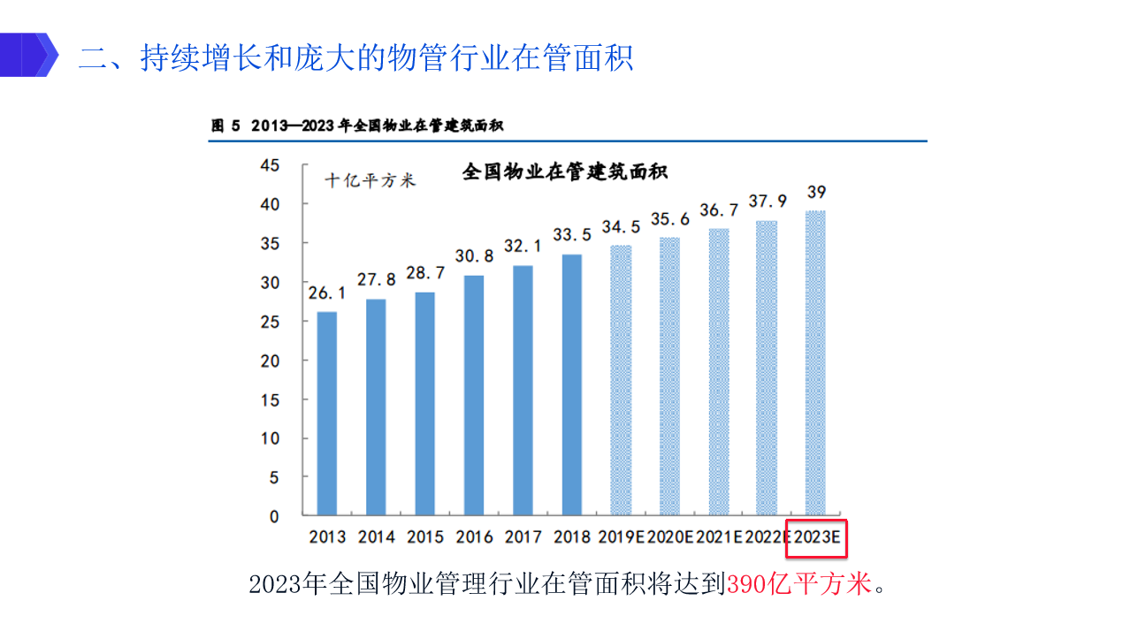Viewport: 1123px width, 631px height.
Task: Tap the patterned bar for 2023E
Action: tap(814, 362)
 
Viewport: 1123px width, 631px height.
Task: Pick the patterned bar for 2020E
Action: tap(670, 376)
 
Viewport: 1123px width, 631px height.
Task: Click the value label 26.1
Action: tap(326, 292)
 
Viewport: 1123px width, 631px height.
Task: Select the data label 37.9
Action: tap(768, 201)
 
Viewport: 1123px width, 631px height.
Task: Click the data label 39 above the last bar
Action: tap(816, 192)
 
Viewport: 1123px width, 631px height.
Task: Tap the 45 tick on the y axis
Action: tap(269, 165)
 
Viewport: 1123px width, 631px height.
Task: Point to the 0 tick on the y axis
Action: tap(274, 516)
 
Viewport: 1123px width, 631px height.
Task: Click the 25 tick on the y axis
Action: tap(269, 322)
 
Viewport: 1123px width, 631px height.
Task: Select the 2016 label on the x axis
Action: tap(474, 536)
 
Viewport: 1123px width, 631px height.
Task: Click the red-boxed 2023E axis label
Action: tap(816, 537)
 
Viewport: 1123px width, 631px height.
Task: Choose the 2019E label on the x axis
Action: tap(622, 536)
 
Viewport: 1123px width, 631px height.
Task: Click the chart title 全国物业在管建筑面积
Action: tap(565, 172)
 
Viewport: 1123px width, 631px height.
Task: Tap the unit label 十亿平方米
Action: tap(370, 180)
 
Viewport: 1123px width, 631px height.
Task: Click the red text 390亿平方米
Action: tap(799, 584)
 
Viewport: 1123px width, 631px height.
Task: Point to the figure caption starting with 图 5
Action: tap(357, 125)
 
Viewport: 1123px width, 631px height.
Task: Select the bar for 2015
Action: tap(424, 403)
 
